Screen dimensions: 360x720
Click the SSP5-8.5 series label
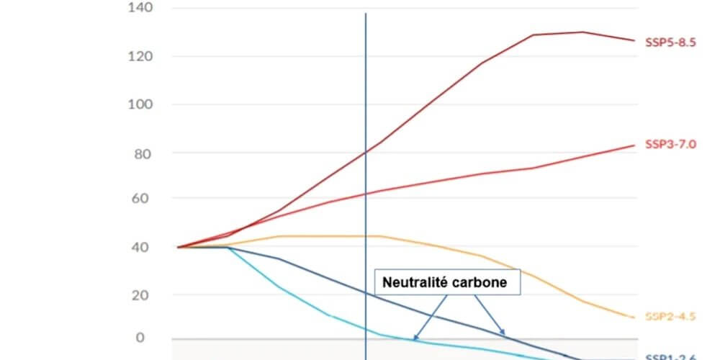(x=670, y=42)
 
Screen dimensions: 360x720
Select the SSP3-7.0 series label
(x=670, y=144)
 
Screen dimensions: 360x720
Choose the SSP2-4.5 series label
(x=670, y=316)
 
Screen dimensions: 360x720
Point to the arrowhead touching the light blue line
(x=415, y=338)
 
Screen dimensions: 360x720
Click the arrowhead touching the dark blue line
(x=504, y=335)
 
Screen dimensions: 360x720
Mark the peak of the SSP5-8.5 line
(x=582, y=32)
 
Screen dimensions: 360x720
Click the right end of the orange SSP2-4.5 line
(x=634, y=317)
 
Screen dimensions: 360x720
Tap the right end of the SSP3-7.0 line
(x=634, y=145)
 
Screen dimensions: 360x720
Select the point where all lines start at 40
(x=177, y=247)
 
